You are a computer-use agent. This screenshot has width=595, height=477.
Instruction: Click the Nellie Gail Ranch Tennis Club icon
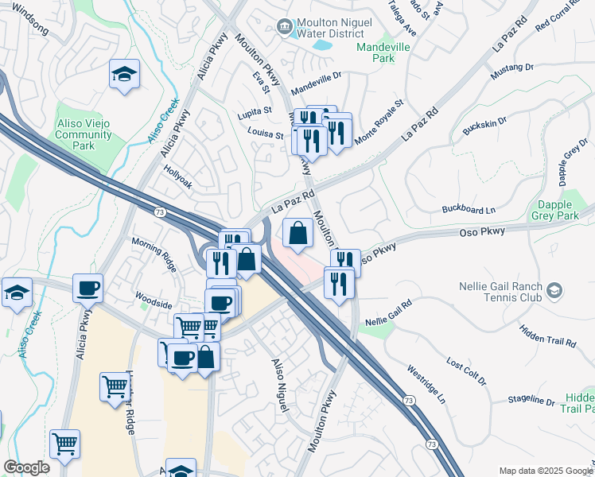click(554, 293)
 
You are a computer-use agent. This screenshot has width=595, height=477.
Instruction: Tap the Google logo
click(26, 467)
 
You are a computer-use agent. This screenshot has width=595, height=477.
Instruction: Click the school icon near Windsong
click(122, 76)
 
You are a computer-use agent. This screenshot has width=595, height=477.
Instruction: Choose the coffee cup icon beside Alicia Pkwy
click(87, 288)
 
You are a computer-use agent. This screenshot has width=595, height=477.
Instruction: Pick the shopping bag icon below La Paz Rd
click(297, 233)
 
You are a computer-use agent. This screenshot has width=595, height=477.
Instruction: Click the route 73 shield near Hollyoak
click(158, 211)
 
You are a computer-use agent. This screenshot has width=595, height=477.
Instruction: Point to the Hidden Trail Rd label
click(547, 335)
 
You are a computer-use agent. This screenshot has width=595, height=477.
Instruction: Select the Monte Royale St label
click(379, 120)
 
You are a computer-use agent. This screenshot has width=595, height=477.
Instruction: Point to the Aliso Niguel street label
click(278, 385)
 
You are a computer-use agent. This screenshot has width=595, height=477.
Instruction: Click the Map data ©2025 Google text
click(544, 470)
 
